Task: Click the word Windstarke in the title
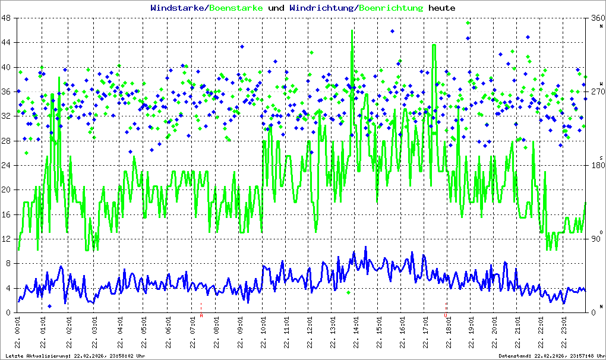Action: pyautogui.click(x=177, y=8)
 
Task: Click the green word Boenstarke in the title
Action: pyautogui.click(x=236, y=8)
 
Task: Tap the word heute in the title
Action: pyautogui.click(x=442, y=8)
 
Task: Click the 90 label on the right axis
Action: pyautogui.click(x=594, y=239)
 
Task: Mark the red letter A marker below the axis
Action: pyautogui.click(x=201, y=315)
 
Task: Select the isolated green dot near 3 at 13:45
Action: pyautogui.click(x=349, y=292)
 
